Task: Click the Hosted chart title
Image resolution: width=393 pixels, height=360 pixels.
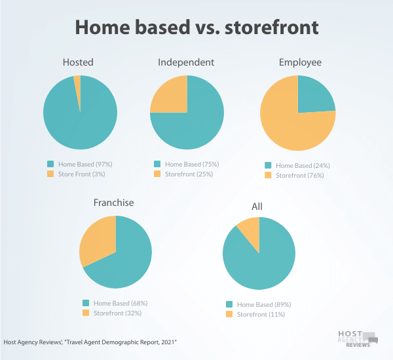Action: click(x=78, y=62)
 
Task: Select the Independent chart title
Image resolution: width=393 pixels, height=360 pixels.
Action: click(x=186, y=62)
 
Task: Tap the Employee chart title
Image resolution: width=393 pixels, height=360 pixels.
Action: click(x=300, y=62)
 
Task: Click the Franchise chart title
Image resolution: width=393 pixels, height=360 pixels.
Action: click(x=113, y=203)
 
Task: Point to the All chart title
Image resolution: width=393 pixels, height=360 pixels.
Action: click(x=257, y=207)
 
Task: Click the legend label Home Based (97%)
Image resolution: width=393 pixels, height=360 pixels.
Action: click(x=85, y=165)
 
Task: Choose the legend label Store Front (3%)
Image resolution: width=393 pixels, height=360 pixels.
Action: click(x=81, y=174)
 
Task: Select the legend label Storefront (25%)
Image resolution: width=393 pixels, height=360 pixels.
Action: click(x=189, y=174)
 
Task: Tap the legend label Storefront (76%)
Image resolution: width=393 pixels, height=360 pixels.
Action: click(x=300, y=175)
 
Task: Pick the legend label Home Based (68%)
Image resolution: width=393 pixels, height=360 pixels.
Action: click(x=121, y=304)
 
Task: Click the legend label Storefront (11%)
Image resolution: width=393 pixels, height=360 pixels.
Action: click(x=261, y=314)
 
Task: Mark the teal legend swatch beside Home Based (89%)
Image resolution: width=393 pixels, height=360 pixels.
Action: click(x=229, y=304)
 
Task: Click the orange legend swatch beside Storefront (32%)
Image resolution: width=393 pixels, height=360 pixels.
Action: click(x=86, y=313)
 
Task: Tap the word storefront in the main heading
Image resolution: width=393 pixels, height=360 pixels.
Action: click(x=272, y=27)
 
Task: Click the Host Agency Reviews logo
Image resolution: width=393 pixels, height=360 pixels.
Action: click(x=358, y=339)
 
